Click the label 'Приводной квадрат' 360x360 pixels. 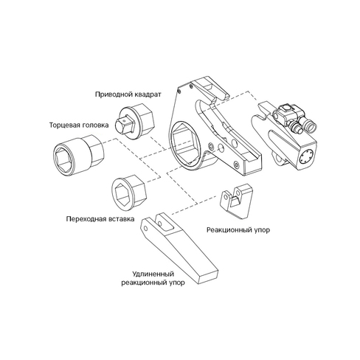pyautogui.click(x=128, y=94)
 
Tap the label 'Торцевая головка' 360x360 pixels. pyautogui.click(x=79, y=125)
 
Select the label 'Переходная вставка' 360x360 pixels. pyautogui.click(x=100, y=218)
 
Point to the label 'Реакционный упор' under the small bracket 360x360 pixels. pyautogui.click(x=238, y=230)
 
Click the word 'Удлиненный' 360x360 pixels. pyautogui.click(x=153, y=274)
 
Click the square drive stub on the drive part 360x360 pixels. pyautogui.click(x=125, y=125)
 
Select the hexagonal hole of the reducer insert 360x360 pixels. pyautogui.click(x=121, y=195)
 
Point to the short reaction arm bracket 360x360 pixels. pyautogui.click(x=235, y=201)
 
